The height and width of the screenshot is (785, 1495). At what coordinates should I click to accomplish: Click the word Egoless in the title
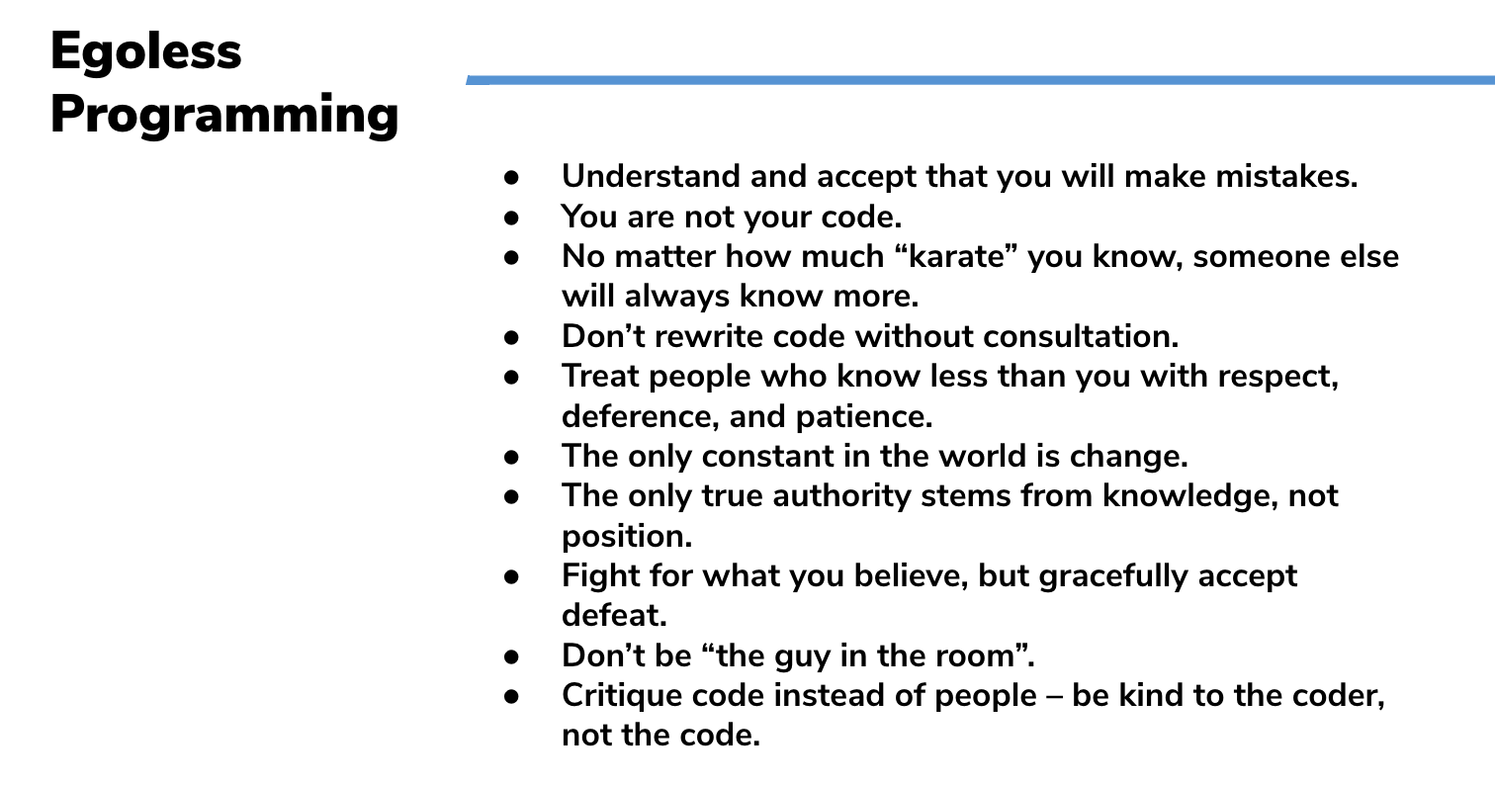(145, 53)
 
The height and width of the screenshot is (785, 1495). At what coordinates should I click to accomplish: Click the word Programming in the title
(224, 116)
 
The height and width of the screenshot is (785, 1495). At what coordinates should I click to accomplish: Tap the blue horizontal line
(980, 80)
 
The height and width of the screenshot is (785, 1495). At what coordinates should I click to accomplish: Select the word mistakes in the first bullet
(1286, 176)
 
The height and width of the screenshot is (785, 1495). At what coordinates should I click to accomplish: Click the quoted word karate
(958, 256)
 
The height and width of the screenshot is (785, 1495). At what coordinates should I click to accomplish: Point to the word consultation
(1081, 336)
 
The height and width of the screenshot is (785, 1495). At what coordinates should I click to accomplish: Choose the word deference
(640, 416)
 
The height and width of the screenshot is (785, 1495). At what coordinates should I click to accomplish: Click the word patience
(864, 417)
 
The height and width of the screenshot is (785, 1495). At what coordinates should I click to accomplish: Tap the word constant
(767, 457)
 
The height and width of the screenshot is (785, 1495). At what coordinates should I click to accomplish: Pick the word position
(627, 537)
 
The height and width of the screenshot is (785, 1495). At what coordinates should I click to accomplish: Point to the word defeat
(614, 616)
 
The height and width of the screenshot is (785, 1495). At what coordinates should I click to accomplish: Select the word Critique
(622, 696)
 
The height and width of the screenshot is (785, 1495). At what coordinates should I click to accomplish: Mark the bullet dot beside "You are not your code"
(512, 218)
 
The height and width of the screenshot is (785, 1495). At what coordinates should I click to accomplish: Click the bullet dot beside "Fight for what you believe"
(512, 576)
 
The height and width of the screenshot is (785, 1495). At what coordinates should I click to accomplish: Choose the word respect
(1278, 377)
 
